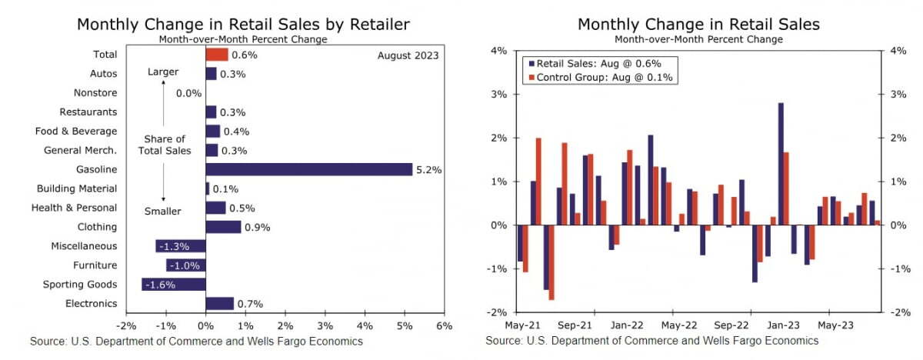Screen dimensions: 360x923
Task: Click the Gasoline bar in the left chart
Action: pos(308,169)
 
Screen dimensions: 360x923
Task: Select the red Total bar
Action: pos(217,55)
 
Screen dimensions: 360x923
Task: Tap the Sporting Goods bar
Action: pos(173,285)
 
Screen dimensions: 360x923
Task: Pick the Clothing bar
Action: pos(223,227)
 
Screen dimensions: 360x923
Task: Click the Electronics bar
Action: pos(219,304)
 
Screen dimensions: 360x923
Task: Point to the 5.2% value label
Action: pos(429,169)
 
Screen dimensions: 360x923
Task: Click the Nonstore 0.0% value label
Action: pos(188,93)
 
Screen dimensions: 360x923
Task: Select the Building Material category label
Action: pos(77,188)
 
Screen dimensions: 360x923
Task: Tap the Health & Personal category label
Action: pos(75,208)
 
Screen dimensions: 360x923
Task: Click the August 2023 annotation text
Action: pos(408,55)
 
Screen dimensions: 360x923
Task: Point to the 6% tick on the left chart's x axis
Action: pos(444,325)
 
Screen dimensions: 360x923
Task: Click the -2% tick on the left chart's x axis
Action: pos(126,325)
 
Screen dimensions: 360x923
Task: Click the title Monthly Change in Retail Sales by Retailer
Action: pos(243,24)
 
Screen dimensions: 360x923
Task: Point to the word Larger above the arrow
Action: pos(162,72)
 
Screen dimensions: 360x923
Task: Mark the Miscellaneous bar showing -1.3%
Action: pos(180,246)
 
